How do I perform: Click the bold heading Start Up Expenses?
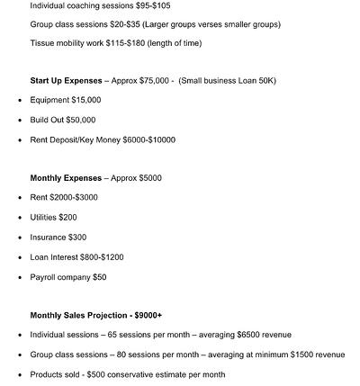tap(67, 81)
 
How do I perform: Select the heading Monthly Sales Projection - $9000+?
tap(96, 315)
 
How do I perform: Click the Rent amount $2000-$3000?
tap(75, 198)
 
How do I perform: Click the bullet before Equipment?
tap(19, 101)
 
